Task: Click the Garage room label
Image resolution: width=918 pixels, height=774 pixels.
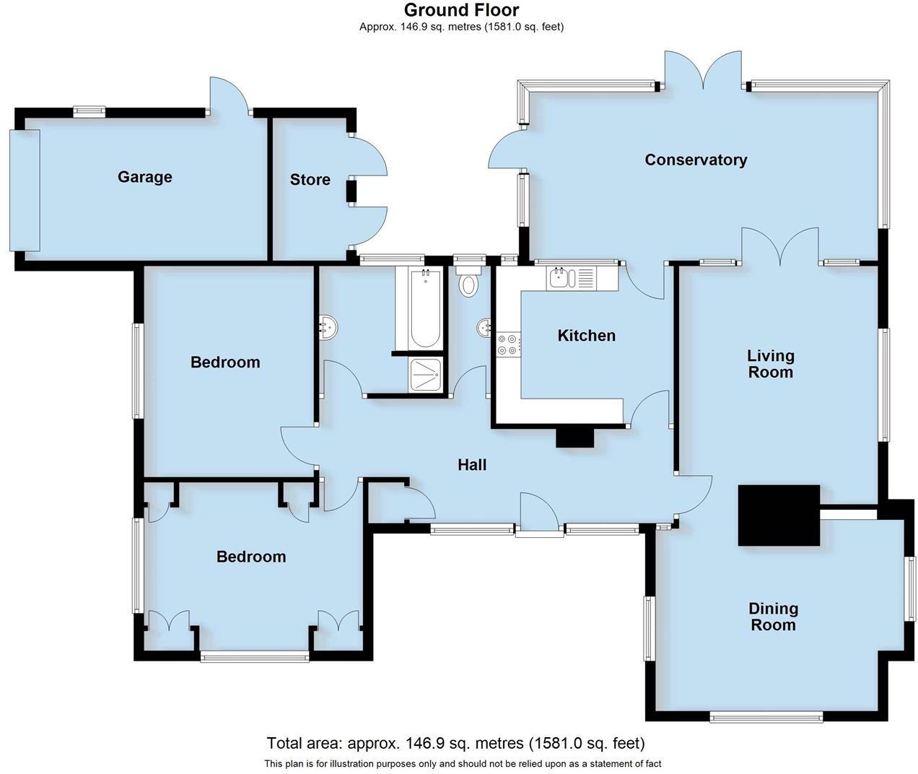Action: (144, 177)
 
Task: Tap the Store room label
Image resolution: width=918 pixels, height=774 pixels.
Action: (310, 180)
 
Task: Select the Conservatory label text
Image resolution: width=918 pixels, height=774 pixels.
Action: (695, 160)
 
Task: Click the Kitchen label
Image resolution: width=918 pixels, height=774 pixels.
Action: (586, 335)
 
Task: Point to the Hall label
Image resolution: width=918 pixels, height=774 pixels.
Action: (472, 465)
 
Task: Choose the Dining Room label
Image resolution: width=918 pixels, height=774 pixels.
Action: (773, 617)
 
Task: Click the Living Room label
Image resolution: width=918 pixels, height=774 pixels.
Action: (770, 364)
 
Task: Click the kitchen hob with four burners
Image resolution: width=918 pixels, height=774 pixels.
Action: (507, 344)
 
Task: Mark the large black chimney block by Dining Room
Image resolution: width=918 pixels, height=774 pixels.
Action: (779, 515)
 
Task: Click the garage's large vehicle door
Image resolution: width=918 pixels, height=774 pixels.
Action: (24, 190)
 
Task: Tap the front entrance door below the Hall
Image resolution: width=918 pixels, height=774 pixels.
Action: (539, 514)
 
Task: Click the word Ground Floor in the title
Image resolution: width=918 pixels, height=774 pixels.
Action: (461, 10)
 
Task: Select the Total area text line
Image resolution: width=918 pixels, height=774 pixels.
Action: (455, 743)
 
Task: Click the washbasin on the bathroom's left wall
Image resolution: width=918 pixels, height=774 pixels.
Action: (328, 329)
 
